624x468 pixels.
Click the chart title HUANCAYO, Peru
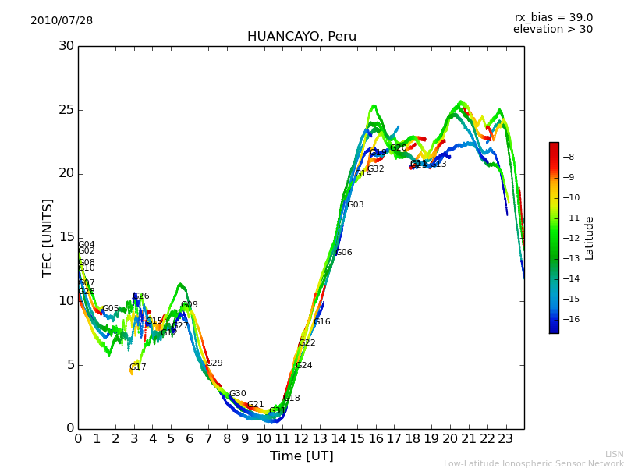pos(301,37)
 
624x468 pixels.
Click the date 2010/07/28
pos(62,21)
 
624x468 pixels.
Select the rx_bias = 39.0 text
pos(553,17)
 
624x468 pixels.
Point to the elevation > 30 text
pos(552,30)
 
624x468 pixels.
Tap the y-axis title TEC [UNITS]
pos(48,237)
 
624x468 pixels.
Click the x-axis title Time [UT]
pos(301,456)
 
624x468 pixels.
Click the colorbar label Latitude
pos(589,238)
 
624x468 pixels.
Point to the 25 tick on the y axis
pos(66,109)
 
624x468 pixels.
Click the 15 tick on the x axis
pos(357,439)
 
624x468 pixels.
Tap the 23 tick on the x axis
pos(505,439)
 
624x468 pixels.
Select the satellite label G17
pos(138,367)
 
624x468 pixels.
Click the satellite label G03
pos(356,205)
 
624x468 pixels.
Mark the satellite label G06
pos(344,253)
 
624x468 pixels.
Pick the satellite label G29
pos(214,363)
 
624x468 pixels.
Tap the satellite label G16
pos(322,322)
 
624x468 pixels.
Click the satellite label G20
pos(399,148)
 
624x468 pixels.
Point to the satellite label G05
pos(111,309)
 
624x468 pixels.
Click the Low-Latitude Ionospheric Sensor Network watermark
pos(534,464)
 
